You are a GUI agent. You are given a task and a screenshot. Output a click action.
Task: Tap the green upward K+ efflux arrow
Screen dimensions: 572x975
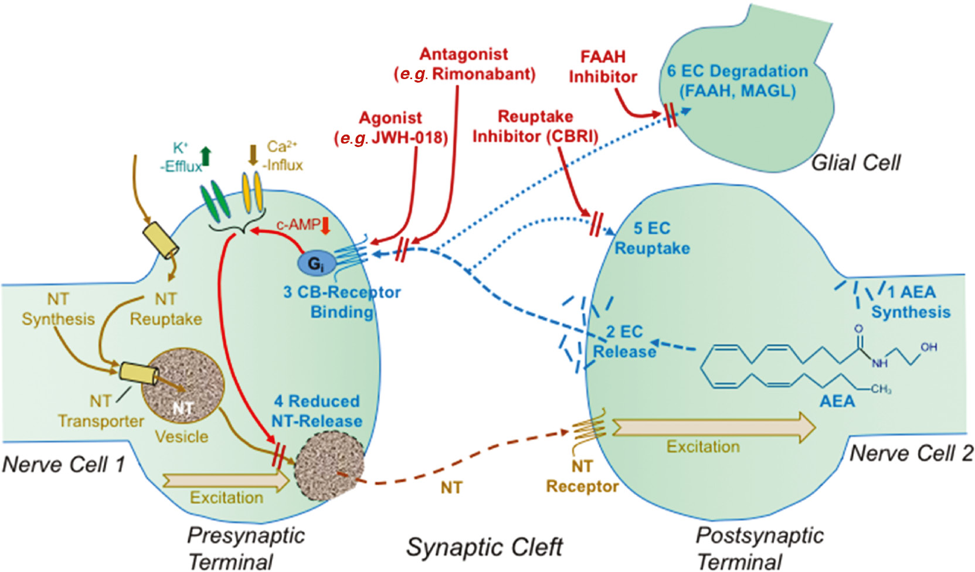click(205, 156)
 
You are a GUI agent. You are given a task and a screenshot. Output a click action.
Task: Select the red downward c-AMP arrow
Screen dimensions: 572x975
click(326, 225)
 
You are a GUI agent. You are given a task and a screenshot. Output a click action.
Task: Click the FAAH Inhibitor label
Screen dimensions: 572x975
click(602, 67)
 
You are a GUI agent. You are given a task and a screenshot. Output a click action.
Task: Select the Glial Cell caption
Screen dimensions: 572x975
click(855, 162)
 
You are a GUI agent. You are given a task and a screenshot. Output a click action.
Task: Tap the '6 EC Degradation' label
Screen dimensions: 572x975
click(737, 81)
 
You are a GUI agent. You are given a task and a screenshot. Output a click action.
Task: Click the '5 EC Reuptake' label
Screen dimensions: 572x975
click(651, 238)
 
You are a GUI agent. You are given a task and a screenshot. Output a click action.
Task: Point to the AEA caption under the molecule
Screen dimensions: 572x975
click(837, 401)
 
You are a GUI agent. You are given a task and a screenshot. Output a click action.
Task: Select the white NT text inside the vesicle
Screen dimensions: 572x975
click(183, 408)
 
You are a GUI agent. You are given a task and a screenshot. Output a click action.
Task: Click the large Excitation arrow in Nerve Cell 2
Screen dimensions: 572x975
click(712, 427)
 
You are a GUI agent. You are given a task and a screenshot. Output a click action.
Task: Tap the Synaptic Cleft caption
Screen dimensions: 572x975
click(484, 547)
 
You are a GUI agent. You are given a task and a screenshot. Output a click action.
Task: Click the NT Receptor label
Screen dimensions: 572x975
click(582, 476)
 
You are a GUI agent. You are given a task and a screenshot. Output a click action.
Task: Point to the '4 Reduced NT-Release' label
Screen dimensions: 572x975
click(317, 411)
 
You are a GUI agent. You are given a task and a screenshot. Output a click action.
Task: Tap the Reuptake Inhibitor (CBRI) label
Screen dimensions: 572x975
click(535, 126)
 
